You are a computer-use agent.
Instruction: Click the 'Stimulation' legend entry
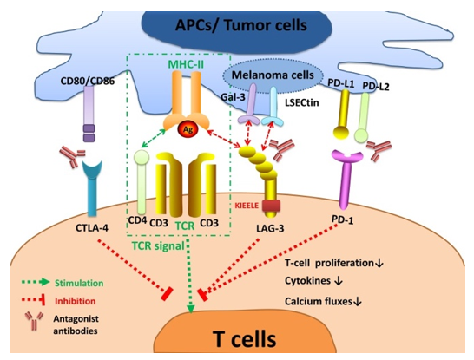[80, 282]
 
